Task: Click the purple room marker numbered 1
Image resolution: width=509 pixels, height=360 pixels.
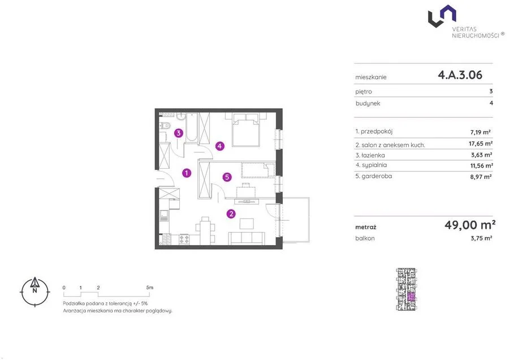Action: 186,173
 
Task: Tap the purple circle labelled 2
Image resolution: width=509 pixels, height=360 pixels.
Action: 231,214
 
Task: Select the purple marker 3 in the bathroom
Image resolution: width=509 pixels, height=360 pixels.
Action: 179,133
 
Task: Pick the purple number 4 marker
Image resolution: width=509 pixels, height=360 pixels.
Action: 220,146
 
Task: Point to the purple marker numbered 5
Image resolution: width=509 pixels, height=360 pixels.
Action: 227,177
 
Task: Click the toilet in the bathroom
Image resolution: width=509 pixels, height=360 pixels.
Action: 165,126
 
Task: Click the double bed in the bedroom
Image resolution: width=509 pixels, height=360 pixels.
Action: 247,129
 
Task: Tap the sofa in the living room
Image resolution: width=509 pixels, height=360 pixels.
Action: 247,238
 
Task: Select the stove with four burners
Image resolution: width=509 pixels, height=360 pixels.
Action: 184,239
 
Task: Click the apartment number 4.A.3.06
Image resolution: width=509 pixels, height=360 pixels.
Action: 460,75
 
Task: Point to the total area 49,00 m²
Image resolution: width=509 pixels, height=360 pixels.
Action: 470,225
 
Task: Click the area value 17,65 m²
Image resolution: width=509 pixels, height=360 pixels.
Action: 480,144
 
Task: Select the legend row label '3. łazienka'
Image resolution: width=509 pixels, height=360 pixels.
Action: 370,155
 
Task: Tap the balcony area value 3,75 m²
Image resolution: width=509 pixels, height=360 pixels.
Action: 481,238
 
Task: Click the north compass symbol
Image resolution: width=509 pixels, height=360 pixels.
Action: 34,292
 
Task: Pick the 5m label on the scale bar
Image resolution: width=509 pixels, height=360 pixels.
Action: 150,288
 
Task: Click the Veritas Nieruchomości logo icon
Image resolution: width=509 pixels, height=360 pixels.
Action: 442,16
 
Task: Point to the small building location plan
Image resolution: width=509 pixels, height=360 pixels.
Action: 407,289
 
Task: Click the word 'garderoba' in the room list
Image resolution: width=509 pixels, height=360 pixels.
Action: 377,176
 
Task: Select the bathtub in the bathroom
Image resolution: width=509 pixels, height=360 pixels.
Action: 192,127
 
